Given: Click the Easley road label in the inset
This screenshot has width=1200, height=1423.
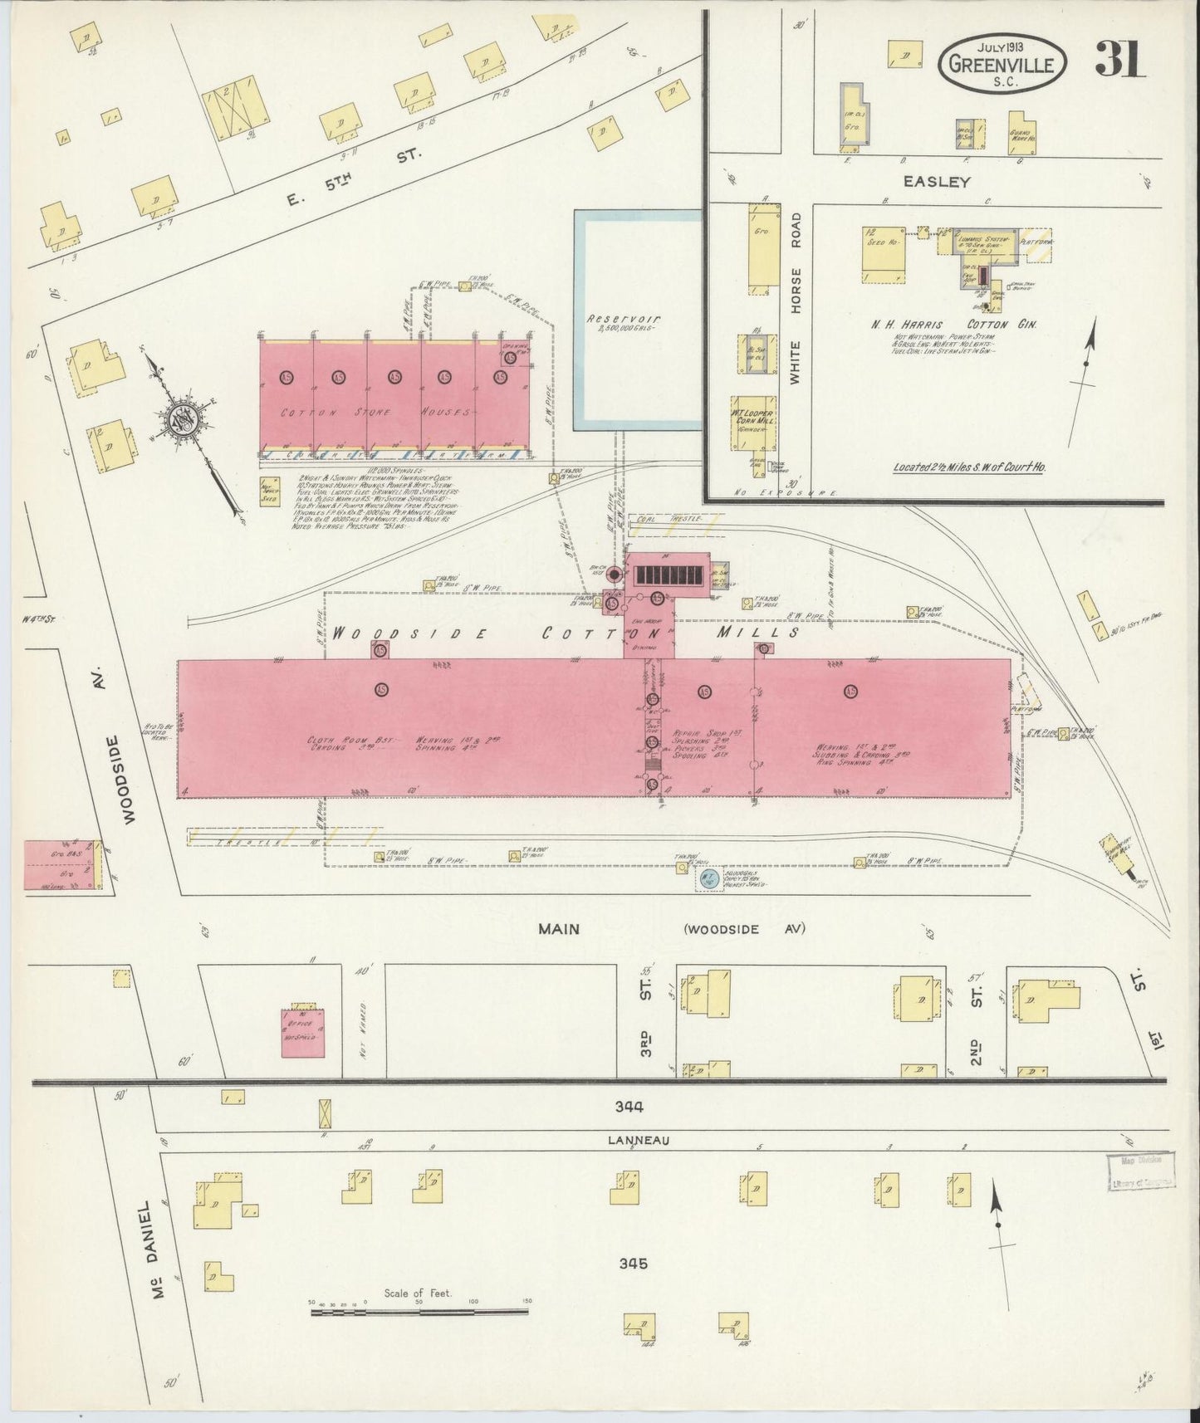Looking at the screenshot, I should tap(943, 182).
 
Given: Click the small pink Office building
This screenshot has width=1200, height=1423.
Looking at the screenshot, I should tap(303, 1030).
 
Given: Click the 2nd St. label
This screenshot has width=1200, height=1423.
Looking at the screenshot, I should tap(977, 1024).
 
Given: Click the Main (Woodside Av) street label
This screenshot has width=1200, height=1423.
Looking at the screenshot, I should tap(673, 929).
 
